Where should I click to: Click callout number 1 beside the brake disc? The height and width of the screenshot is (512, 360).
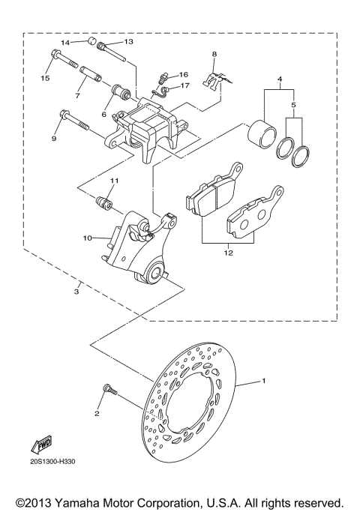click(263, 382)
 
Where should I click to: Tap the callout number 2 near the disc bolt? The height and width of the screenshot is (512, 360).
click(97, 413)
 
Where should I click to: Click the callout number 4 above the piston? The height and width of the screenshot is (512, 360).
click(279, 78)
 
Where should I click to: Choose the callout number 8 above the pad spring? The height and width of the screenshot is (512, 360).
click(214, 55)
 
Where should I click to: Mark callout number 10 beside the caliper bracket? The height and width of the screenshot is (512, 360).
click(87, 238)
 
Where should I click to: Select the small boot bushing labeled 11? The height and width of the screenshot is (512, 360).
click(103, 202)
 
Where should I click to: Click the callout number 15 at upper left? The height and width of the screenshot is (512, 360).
click(45, 78)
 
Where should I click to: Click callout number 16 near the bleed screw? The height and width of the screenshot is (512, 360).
click(183, 75)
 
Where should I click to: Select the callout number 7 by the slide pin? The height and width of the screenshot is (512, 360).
click(77, 95)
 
